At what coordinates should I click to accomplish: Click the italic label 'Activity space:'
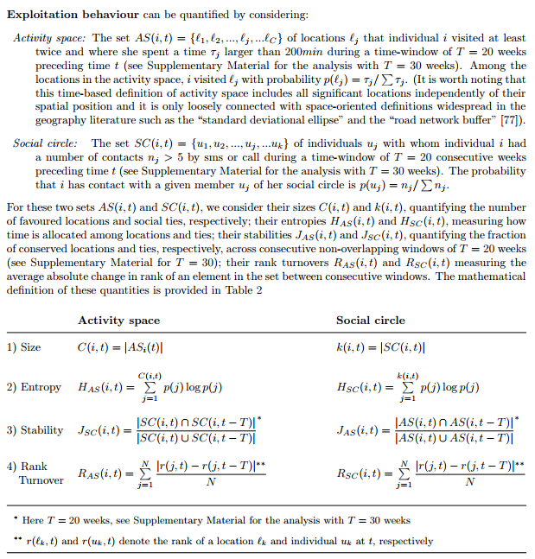coord(48,39)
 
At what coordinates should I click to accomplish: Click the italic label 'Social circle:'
coord(46,143)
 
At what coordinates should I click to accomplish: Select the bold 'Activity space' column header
coord(118,320)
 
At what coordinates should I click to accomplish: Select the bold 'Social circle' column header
coord(371,320)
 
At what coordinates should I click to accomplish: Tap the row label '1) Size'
coord(24,347)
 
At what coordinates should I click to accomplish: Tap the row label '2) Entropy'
coord(34,387)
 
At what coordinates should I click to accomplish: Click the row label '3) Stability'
coord(35,429)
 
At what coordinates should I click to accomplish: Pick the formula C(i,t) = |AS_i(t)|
coord(121,347)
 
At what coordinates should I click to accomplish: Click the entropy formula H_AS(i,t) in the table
coord(137,387)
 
